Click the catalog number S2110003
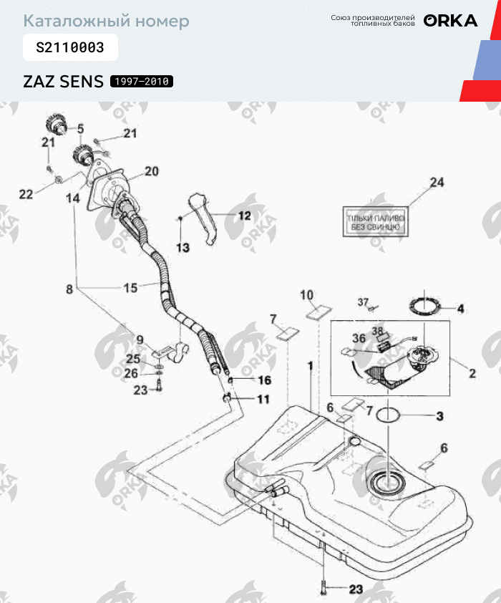coord(70,48)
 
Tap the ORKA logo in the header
coord(450,21)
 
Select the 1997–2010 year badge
coord(141,82)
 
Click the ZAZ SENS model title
coord(64,81)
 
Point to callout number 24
coord(436,183)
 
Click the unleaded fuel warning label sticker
coord(376,222)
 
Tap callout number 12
coord(244,215)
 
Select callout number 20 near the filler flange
coord(151,171)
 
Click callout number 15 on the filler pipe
coord(130,288)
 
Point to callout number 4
coord(460,309)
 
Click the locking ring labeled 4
coord(424,307)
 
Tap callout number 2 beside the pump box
coord(472,373)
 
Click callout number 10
coord(306,295)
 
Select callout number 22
coord(26,194)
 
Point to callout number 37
coord(362,301)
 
